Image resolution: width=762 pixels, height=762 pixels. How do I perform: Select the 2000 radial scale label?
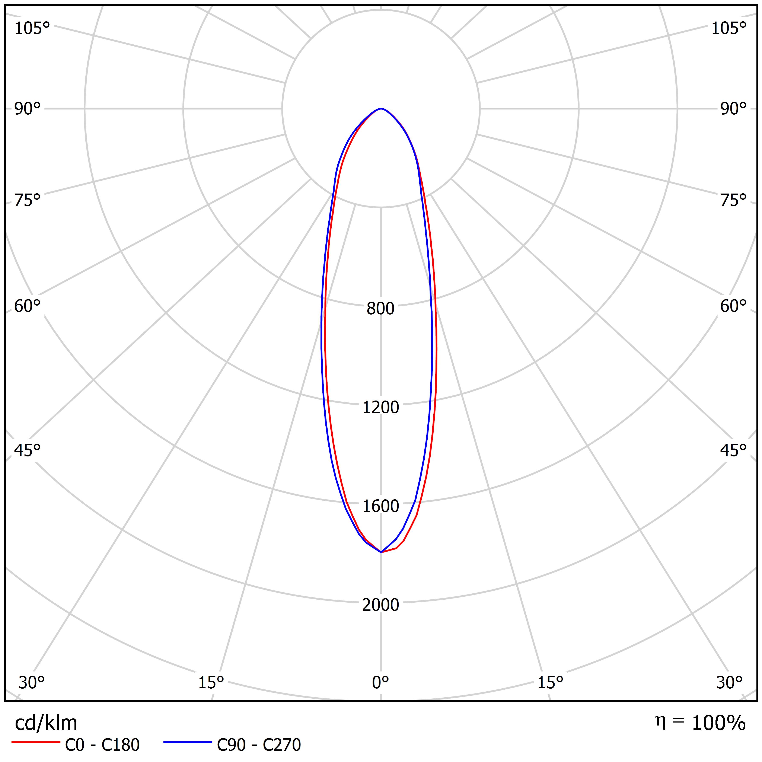click(380, 605)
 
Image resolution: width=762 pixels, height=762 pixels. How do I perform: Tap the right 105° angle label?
click(729, 28)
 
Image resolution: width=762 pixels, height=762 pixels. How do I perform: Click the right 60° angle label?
click(734, 306)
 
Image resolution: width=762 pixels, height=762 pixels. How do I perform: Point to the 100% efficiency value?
click(719, 723)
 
